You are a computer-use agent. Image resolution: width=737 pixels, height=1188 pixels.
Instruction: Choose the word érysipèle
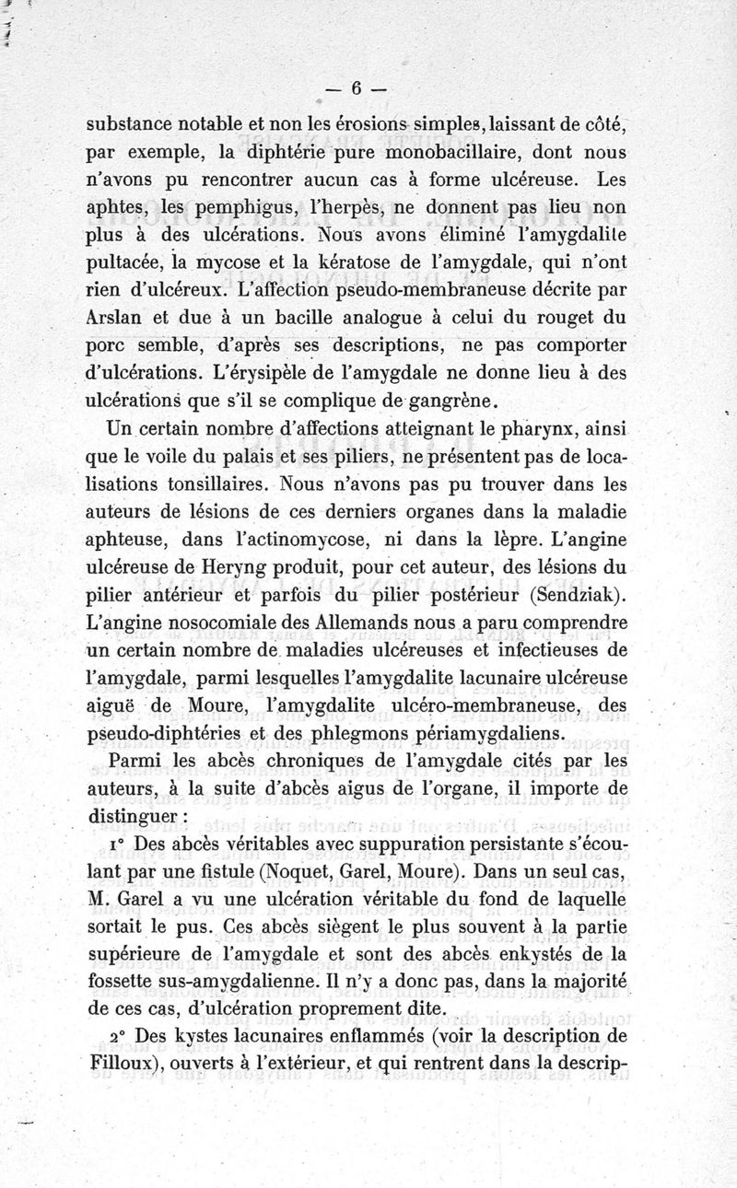296,374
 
